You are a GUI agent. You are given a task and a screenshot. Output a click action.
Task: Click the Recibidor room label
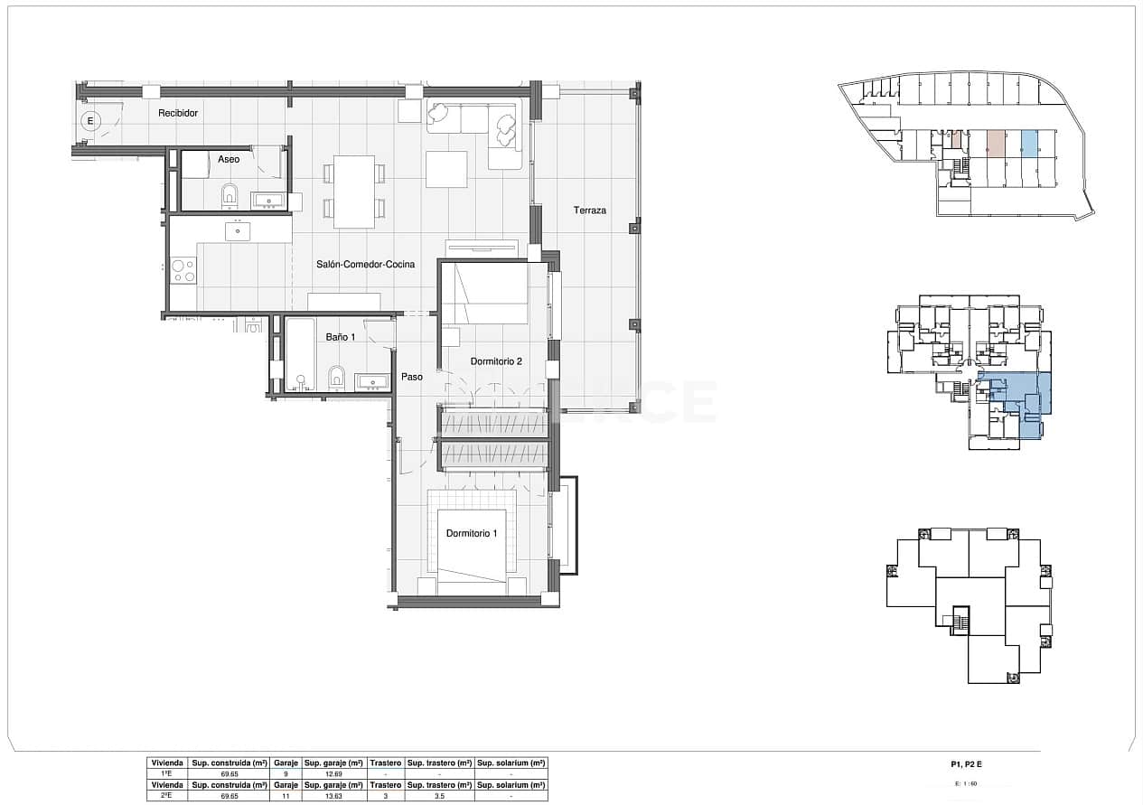[x=177, y=113]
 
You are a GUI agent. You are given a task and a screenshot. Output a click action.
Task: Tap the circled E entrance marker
[x=89, y=120]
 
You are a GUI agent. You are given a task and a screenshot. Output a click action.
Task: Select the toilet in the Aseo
[x=230, y=193]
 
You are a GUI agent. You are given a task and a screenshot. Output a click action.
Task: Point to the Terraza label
[x=589, y=211]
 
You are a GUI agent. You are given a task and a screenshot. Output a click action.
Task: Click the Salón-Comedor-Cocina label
[x=365, y=265]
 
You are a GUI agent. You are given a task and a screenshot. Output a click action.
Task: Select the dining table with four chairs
[x=354, y=192]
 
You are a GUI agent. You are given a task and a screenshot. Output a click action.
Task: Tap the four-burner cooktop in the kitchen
[x=183, y=270]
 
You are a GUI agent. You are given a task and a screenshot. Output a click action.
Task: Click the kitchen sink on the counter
[x=238, y=231]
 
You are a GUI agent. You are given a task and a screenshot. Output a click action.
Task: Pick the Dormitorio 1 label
[x=472, y=534]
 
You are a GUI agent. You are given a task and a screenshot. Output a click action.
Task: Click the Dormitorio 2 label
[x=496, y=361]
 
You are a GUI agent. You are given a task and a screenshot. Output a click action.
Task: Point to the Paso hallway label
[x=412, y=379]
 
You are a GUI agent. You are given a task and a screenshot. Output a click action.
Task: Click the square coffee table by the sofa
[x=446, y=169]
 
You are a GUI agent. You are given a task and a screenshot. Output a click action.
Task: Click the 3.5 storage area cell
[x=439, y=795]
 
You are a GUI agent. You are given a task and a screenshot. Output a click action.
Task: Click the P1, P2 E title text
[x=967, y=764]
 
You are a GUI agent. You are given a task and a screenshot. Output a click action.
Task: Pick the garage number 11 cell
[x=285, y=795]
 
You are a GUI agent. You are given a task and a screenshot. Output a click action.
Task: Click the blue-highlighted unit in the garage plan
[x=1028, y=143]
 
